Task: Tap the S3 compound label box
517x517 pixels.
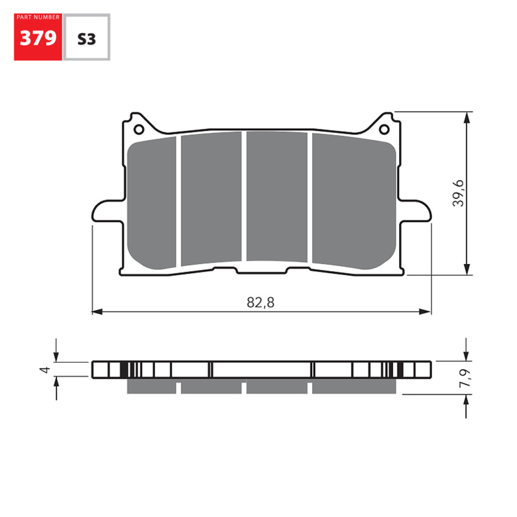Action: pyautogui.click(x=86, y=39)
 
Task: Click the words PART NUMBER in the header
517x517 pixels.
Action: pyautogui.click(x=38, y=18)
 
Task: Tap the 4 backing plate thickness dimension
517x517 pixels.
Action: pyautogui.click(x=47, y=369)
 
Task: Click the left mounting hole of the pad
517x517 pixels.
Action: pyautogui.click(x=138, y=129)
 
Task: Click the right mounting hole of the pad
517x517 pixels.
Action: pyautogui.click(x=384, y=129)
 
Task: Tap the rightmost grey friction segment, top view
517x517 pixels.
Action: pyautogui.click(x=353, y=202)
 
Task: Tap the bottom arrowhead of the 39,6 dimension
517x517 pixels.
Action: pyautogui.click(x=467, y=270)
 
